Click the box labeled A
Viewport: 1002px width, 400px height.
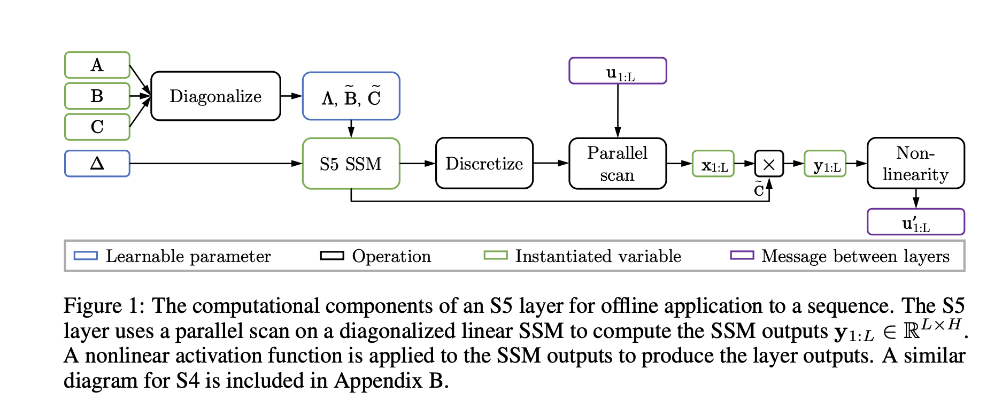coord(97,65)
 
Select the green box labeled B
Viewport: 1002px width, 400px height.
coord(97,96)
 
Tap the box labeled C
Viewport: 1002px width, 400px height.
coord(97,127)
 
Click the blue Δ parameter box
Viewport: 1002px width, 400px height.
coord(97,164)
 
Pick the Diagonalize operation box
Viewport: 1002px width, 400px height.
coord(215,96)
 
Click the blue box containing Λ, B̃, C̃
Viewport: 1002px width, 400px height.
coord(351,96)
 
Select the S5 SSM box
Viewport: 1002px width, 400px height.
coord(351,164)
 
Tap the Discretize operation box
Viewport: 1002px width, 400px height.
coord(484,164)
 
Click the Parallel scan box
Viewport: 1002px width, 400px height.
coord(617,164)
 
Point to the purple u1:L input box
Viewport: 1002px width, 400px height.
coord(618,71)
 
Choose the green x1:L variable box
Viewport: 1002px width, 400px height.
coord(713,164)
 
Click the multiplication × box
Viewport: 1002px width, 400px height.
coord(769,164)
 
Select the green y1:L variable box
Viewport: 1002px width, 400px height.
coord(825,164)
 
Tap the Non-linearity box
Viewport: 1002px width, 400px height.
coord(915,164)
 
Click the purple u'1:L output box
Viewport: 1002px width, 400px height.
coord(915,222)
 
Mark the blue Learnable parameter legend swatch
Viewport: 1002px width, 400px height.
coord(86,256)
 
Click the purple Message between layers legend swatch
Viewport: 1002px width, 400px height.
coord(742,256)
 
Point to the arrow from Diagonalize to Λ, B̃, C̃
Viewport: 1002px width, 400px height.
coord(291,96)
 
